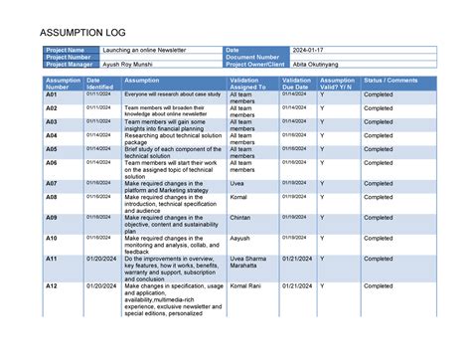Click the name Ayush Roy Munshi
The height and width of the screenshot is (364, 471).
130,65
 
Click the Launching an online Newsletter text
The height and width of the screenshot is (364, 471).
144,50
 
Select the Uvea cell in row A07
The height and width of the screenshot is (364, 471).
238,184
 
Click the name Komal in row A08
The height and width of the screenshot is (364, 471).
239,197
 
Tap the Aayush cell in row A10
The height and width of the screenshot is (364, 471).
241,239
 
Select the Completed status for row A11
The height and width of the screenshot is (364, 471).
379,259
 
